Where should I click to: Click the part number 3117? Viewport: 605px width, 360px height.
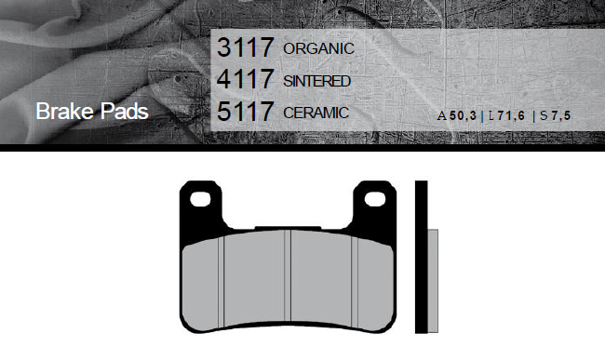coord(246,47)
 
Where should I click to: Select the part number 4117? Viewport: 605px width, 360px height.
coord(246,79)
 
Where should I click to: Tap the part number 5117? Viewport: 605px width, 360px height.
coord(246,111)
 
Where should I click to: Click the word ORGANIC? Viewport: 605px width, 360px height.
coord(318,48)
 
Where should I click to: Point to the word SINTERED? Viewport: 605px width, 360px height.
coord(316,81)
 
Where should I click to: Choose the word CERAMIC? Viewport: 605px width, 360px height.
coord(316,113)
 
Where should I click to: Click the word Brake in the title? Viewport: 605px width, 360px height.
coord(65,112)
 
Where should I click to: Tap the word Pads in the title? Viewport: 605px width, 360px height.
coord(125,112)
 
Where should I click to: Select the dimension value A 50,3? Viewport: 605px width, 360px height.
coord(457,115)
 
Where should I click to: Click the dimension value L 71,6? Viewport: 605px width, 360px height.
coord(506,115)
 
